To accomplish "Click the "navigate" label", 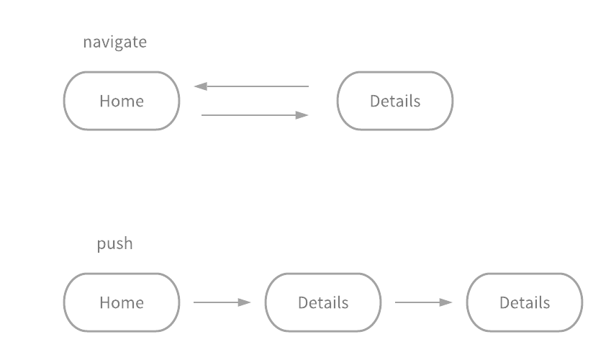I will click(x=114, y=42).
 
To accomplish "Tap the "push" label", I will click(x=115, y=243).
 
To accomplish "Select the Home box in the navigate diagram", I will click(x=122, y=101).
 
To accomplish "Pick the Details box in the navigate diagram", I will click(x=395, y=101).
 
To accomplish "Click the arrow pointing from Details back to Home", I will click(x=251, y=86).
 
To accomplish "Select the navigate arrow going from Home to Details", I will click(x=255, y=115).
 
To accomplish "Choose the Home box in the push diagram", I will click(x=122, y=302).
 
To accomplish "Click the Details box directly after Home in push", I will click(x=323, y=302).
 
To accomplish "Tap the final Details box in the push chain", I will click(x=525, y=302).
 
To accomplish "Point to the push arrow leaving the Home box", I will click(x=222, y=302).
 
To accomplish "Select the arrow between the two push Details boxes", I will click(x=424, y=302).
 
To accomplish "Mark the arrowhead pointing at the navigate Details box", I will click(x=303, y=115).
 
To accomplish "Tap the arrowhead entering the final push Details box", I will click(x=447, y=302).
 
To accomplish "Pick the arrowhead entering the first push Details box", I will click(x=245, y=302).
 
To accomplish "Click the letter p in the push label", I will click(x=101, y=245).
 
